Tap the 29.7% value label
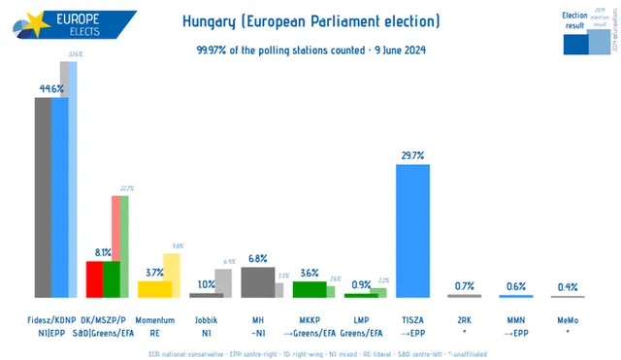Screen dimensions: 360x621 click(411, 155)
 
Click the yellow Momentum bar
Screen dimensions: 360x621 click(155, 288)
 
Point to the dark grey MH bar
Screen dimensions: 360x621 click(257, 282)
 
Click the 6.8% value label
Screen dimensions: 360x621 click(257, 259)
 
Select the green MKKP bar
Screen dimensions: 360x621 click(309, 288)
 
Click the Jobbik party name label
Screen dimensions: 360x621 click(206, 318)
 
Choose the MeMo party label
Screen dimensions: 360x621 click(567, 318)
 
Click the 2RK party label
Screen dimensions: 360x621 click(464, 318)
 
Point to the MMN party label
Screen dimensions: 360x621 click(515, 318)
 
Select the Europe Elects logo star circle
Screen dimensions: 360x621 click(21, 22)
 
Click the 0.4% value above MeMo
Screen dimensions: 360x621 click(567, 286)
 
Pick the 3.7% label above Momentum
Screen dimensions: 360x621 click(154, 273)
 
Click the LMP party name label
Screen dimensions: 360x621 click(361, 318)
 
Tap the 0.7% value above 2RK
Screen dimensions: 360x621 click(464, 285)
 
